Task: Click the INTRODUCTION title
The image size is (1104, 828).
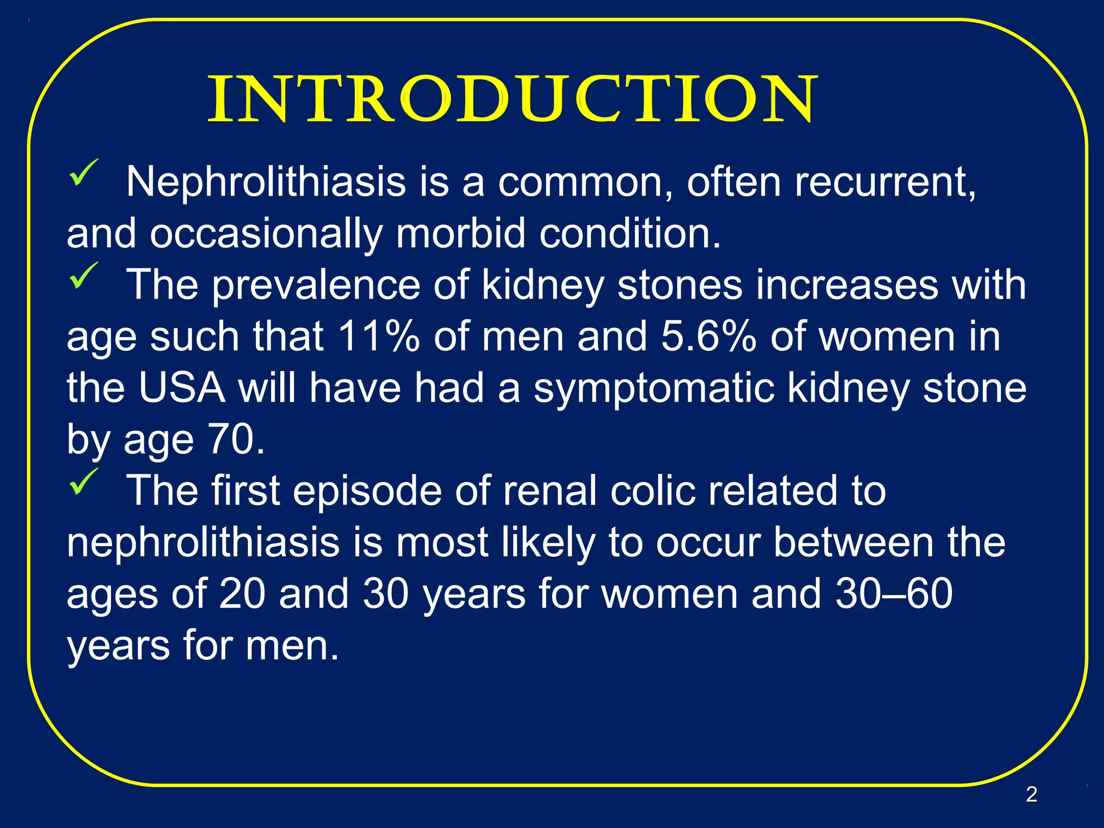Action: [x=512, y=100]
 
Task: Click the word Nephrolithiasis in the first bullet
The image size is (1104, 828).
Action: [x=266, y=182]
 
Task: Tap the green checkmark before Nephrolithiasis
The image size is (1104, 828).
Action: [x=83, y=172]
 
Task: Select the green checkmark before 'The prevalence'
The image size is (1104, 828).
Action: [x=83, y=275]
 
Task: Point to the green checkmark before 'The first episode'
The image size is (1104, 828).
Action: [x=83, y=481]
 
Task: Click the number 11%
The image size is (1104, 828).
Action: [x=378, y=336]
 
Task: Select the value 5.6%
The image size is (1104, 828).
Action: [x=708, y=336]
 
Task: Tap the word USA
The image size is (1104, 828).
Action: [x=182, y=388]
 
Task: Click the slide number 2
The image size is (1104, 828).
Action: [x=1031, y=794]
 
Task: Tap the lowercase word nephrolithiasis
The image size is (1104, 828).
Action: [x=203, y=542]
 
